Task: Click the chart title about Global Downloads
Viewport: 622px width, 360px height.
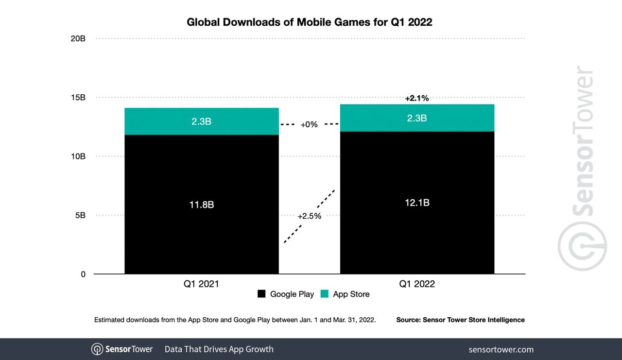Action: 310,22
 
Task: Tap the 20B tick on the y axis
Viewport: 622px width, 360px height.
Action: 78,38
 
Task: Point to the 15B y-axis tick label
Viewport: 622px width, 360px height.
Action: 78,98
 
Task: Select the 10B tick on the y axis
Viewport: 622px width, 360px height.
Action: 78,156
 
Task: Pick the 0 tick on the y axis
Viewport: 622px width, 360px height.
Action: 83,274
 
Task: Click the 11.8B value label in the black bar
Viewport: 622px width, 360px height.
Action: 202,205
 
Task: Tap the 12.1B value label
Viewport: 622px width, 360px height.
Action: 417,203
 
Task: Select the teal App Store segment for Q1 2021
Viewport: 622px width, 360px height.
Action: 202,121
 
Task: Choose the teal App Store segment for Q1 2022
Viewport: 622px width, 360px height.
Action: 417,118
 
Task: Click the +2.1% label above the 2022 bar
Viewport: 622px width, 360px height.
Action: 417,98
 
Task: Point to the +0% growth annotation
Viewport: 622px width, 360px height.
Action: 309,124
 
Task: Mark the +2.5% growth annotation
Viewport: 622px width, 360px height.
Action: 310,216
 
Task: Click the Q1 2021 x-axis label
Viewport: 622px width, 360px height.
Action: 201,284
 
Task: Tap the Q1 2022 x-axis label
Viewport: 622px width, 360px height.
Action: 417,284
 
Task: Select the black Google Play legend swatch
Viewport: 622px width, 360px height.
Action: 261,294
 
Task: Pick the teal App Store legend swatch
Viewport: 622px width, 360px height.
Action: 325,294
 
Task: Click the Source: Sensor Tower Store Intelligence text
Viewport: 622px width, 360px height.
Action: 460,320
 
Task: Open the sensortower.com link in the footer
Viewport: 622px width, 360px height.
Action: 501,349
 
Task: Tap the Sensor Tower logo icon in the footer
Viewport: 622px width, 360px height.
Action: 97,349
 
